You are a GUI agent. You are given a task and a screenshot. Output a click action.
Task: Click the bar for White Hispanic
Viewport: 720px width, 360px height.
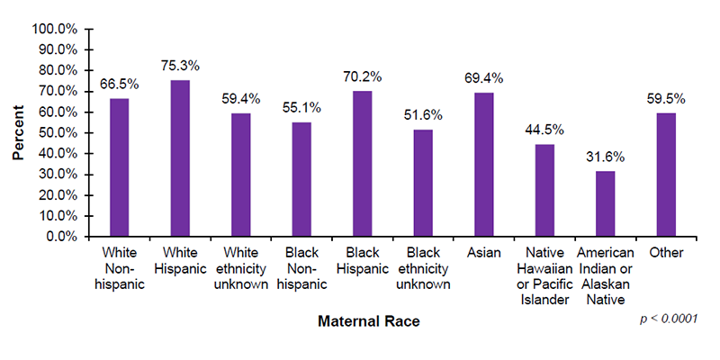pyautogui.click(x=180, y=158)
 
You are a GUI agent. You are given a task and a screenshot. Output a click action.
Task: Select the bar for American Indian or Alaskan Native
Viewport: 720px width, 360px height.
pyautogui.click(x=605, y=204)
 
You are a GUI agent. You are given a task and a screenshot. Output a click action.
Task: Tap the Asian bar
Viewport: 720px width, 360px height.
pyautogui.click(x=483, y=165)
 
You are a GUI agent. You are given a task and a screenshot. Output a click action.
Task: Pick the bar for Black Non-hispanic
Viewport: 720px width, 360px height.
pyautogui.click(x=301, y=179)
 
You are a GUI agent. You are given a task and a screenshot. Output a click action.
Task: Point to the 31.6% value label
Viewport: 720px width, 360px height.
pyautogui.click(x=605, y=156)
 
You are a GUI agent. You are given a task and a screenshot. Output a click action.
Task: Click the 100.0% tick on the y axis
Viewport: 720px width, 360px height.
pyautogui.click(x=55, y=29)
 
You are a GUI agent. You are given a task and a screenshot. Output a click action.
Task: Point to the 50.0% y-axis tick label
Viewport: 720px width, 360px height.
pyautogui.click(x=58, y=133)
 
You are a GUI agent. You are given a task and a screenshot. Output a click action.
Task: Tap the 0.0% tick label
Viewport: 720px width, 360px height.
pyautogui.click(x=61, y=237)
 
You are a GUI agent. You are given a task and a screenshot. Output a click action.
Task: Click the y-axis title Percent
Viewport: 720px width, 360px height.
pyautogui.click(x=18, y=133)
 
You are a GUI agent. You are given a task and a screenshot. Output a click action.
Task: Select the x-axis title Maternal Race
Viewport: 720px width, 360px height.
pyautogui.click(x=369, y=320)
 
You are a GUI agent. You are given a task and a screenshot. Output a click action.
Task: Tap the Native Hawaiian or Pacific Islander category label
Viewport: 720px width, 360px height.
pyautogui.click(x=544, y=276)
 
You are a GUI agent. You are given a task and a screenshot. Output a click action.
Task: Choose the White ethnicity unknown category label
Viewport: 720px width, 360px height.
pyautogui.click(x=240, y=269)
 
